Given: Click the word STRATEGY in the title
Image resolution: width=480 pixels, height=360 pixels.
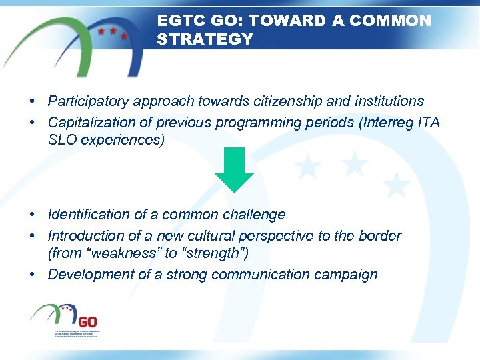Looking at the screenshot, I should [205, 39].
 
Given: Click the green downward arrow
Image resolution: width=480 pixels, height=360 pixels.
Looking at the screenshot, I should [234, 172].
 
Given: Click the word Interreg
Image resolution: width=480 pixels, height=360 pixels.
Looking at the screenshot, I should [386, 123].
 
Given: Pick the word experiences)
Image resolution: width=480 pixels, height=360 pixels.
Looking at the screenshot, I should [120, 141].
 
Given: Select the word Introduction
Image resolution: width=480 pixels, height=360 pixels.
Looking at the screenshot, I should [86, 236].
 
